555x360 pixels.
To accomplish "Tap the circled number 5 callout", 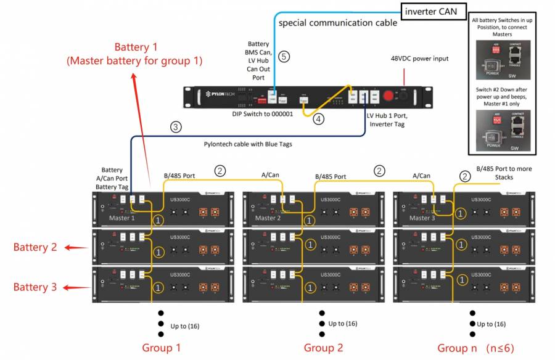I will pyautogui.click(x=283, y=57).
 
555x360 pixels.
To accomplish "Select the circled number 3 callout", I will pyautogui.click(x=176, y=128).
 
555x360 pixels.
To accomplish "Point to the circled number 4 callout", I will pyautogui.click(x=318, y=119).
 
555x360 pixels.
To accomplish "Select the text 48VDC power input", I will pyautogui.click(x=419, y=59).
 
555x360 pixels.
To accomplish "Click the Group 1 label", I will pyautogui.click(x=162, y=348).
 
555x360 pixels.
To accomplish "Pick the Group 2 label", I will pyautogui.click(x=323, y=348).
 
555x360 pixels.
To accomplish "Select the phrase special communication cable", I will pyautogui.click(x=338, y=23).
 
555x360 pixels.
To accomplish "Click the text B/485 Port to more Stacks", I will pyautogui.click(x=504, y=173).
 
